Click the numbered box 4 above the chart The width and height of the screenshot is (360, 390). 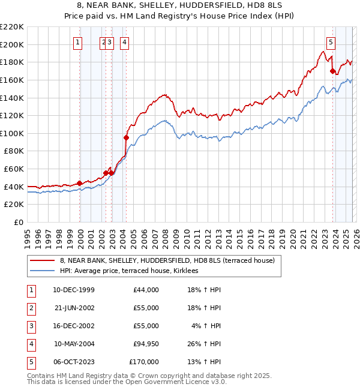tap(124, 42)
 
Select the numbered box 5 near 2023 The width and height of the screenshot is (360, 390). tap(331, 42)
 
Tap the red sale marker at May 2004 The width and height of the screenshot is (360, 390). tap(126, 137)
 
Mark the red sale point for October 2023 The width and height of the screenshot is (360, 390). tap(332, 71)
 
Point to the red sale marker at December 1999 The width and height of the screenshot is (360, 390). tap(80, 183)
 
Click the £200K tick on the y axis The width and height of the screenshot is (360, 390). tap(12, 44)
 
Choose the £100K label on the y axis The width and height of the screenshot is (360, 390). tap(12, 133)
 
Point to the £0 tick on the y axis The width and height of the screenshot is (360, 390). tap(18, 222)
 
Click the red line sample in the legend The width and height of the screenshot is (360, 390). tap(42, 260)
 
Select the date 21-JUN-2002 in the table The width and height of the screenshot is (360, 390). tap(74, 308)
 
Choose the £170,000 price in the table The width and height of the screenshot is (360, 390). tap(144, 362)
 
